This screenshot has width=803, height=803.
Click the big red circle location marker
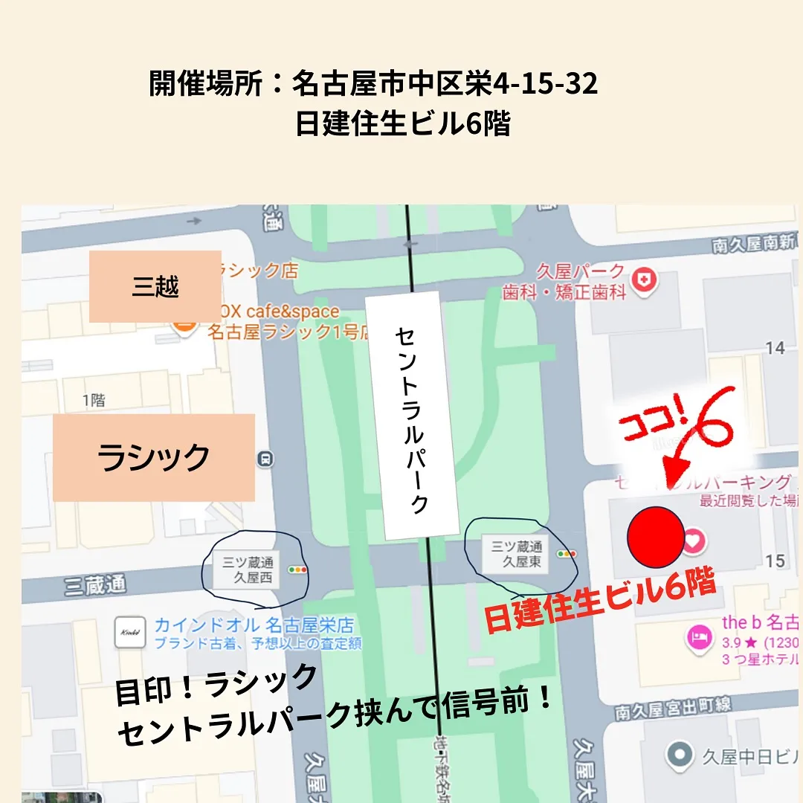click(x=656, y=536)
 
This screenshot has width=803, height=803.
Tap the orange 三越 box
click(x=155, y=286)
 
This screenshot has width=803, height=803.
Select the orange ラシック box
click(x=154, y=457)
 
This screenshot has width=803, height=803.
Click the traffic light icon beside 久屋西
click(x=300, y=570)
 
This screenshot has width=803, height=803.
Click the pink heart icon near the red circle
click(x=693, y=541)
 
